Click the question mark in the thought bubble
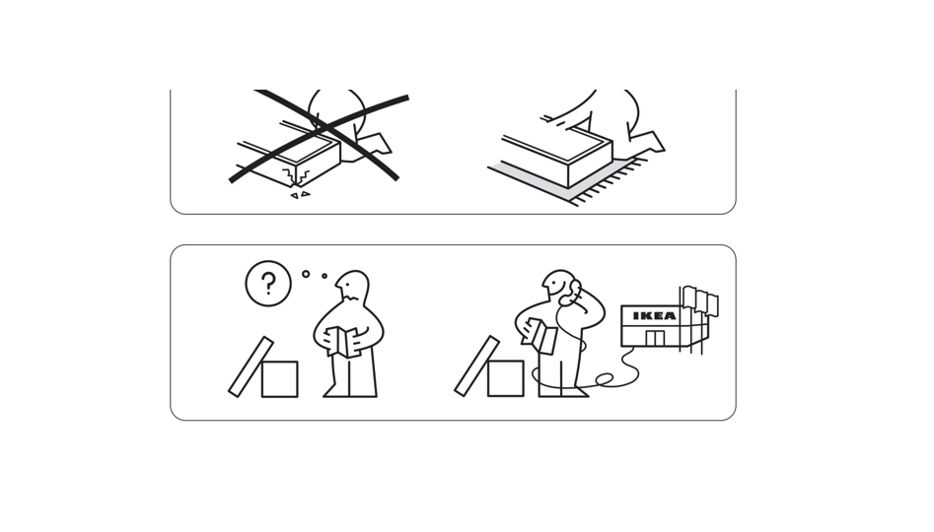pyautogui.click(x=268, y=284)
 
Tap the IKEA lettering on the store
pyautogui.click(x=654, y=316)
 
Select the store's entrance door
pyautogui.click(x=655, y=339)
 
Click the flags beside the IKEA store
pyautogui.click(x=700, y=299)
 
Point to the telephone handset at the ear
pyautogui.click(x=573, y=292)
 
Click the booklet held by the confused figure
pyautogui.click(x=343, y=342)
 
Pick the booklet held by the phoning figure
pyautogui.click(x=540, y=336)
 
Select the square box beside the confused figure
pyautogui.click(x=279, y=379)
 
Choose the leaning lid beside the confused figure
pyautogui.click(x=251, y=367)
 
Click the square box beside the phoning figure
pyautogui.click(x=506, y=378)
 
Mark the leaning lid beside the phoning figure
pyautogui.click(x=476, y=366)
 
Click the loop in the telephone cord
pyautogui.click(x=605, y=378)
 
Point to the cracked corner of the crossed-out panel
pyautogui.click(x=296, y=176)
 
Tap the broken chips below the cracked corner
pyautogui.click(x=300, y=195)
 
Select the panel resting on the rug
pyautogui.click(x=557, y=154)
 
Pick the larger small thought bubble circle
pyautogui.click(x=306, y=274)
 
